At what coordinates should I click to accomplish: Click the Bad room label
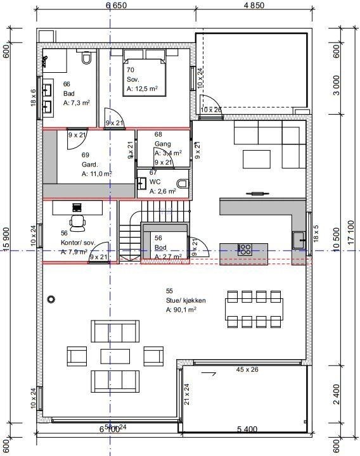coord(69,93)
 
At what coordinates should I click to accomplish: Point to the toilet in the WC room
coord(183,183)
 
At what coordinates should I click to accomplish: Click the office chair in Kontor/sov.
coord(79,221)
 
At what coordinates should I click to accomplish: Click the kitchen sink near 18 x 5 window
coord(299,239)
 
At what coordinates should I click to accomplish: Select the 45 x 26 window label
coord(247,369)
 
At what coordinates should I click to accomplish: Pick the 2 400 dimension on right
coord(337,398)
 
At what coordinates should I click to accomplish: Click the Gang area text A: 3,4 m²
coord(167,153)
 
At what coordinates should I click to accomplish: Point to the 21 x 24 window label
coord(187,394)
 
